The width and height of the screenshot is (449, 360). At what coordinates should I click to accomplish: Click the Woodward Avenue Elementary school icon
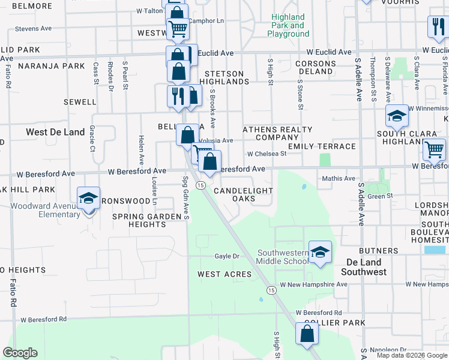coord(88,197)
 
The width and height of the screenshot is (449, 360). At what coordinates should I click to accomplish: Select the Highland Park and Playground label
coord(288,26)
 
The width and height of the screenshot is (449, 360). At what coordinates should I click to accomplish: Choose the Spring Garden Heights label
coord(147,220)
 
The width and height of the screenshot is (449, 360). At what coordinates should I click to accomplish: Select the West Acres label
coord(224,274)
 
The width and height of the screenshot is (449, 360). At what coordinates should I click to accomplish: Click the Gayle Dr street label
coord(227,256)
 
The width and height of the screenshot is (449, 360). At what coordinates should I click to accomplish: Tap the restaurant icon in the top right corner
coord(436,26)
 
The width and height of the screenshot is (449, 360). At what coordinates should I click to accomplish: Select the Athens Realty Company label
coord(277,133)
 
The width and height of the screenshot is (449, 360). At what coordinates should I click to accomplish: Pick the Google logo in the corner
coord(20,353)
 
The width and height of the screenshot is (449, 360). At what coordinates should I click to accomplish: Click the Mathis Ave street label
coord(339,178)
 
